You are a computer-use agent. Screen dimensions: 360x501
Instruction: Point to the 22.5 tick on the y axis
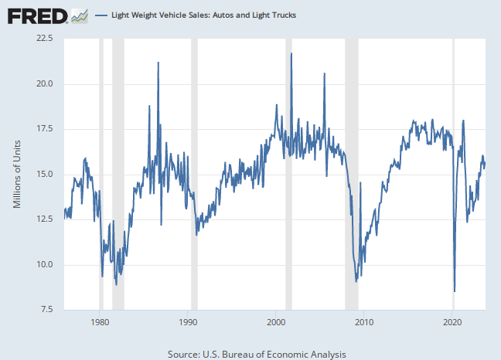(42, 38)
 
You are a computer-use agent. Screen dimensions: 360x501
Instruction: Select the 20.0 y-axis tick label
(42, 83)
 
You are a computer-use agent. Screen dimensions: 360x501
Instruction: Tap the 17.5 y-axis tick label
(42, 128)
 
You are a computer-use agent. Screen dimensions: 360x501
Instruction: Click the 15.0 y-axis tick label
(42, 174)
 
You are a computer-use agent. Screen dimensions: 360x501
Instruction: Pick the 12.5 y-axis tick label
(42, 219)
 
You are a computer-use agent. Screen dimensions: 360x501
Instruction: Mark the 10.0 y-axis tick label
(42, 264)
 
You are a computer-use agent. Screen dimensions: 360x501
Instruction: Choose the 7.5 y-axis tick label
(44, 310)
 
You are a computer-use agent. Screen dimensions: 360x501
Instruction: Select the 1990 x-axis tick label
(188, 321)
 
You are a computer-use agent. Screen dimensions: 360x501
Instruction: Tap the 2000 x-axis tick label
(276, 321)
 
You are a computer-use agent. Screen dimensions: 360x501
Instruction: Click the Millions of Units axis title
(17, 174)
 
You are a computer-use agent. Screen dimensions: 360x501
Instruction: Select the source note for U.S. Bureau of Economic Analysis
(257, 353)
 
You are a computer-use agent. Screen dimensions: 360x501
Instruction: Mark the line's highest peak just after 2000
(291, 53)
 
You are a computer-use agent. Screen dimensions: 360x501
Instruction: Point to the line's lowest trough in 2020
(455, 291)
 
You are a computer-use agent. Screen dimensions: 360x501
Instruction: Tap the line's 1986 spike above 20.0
(158, 63)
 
